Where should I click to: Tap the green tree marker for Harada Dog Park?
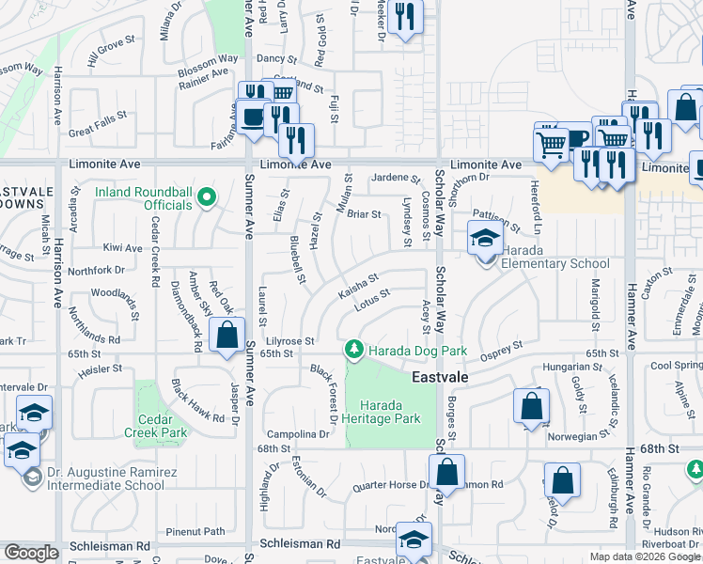click(353, 350)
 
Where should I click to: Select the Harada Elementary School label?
click(555, 263)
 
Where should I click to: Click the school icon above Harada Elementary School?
click(485, 239)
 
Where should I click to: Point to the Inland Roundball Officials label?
click(144, 198)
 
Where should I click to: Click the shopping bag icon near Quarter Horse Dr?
click(447, 471)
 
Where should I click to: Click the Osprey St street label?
click(502, 349)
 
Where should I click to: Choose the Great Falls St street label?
click(97, 125)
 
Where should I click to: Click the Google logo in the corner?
click(31, 553)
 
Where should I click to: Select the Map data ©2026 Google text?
click(644, 556)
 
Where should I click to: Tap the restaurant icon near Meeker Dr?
click(405, 17)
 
